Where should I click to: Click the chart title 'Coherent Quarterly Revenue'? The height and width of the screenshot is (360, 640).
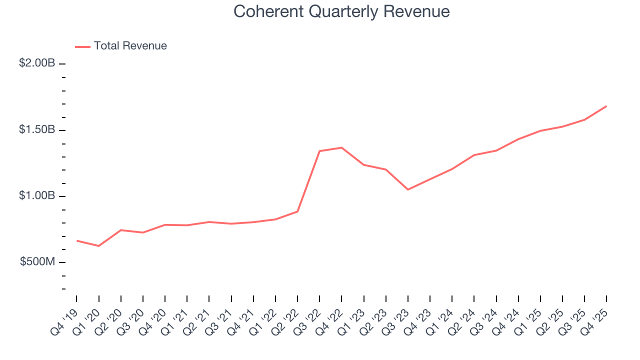click(341, 11)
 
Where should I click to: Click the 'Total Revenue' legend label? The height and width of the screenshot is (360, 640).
click(130, 46)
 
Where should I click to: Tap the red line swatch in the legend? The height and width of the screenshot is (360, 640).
click(82, 46)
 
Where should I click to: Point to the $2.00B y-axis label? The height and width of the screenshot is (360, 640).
click(37, 63)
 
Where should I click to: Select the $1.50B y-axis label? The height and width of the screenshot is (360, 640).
click(37, 129)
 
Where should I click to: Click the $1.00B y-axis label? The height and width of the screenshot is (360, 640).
click(37, 195)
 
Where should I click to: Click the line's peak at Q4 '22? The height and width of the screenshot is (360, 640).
click(341, 147)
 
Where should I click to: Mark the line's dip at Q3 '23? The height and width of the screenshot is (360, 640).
click(408, 189)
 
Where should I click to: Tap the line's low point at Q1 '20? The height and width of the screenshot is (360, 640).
click(98, 246)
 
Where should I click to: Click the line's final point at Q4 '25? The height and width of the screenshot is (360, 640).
click(606, 106)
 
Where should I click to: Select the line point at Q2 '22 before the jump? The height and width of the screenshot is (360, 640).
click(297, 211)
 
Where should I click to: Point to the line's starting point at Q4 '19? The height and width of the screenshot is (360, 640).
click(76, 240)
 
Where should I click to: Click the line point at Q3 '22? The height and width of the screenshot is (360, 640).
click(319, 151)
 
